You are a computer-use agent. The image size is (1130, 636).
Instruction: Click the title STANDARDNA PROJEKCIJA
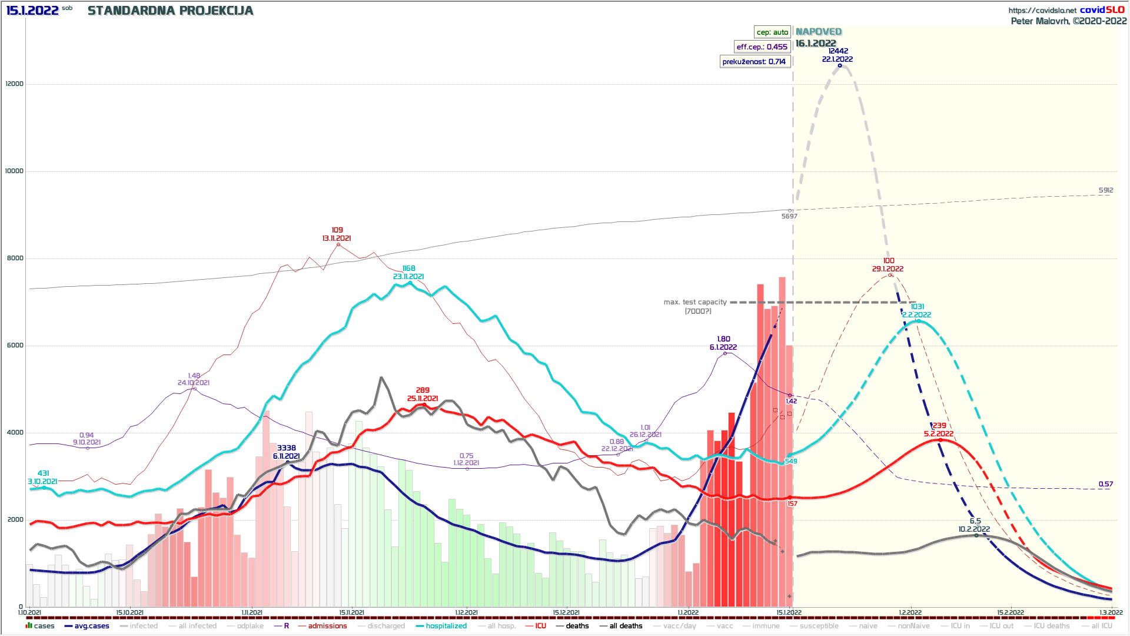tap(170, 11)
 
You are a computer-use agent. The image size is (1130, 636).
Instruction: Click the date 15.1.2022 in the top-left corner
tap(32, 11)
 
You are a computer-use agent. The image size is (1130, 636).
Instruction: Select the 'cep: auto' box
tap(772, 32)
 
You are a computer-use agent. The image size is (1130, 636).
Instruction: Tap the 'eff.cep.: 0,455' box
tap(762, 47)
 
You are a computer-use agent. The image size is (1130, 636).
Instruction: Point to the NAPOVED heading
tap(819, 32)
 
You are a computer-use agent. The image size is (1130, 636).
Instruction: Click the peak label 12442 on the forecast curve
tap(838, 51)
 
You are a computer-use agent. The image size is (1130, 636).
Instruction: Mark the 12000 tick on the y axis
tap(15, 84)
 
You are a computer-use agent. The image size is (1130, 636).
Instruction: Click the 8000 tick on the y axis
tap(15, 258)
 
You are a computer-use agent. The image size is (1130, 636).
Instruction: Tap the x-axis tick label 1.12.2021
tap(466, 612)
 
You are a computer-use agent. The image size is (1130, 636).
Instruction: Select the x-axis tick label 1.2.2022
tap(910, 612)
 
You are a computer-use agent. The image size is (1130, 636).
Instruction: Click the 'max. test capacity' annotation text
tap(695, 302)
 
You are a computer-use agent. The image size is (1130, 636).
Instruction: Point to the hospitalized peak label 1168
tap(408, 269)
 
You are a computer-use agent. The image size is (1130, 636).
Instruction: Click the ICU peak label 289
tap(423, 390)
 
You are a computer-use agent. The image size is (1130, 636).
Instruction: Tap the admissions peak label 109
tap(337, 230)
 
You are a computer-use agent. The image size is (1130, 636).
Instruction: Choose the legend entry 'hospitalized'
tap(446, 626)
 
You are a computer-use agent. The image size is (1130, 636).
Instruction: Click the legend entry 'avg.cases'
tap(91, 626)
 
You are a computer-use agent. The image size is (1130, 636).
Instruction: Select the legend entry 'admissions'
tap(327, 626)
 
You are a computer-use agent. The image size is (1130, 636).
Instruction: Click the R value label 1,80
tap(723, 339)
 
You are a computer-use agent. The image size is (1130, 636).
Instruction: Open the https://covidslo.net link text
tap(1042, 11)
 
